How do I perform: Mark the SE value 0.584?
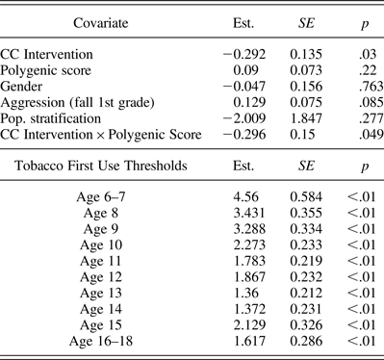pyautogui.click(x=296, y=197)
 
